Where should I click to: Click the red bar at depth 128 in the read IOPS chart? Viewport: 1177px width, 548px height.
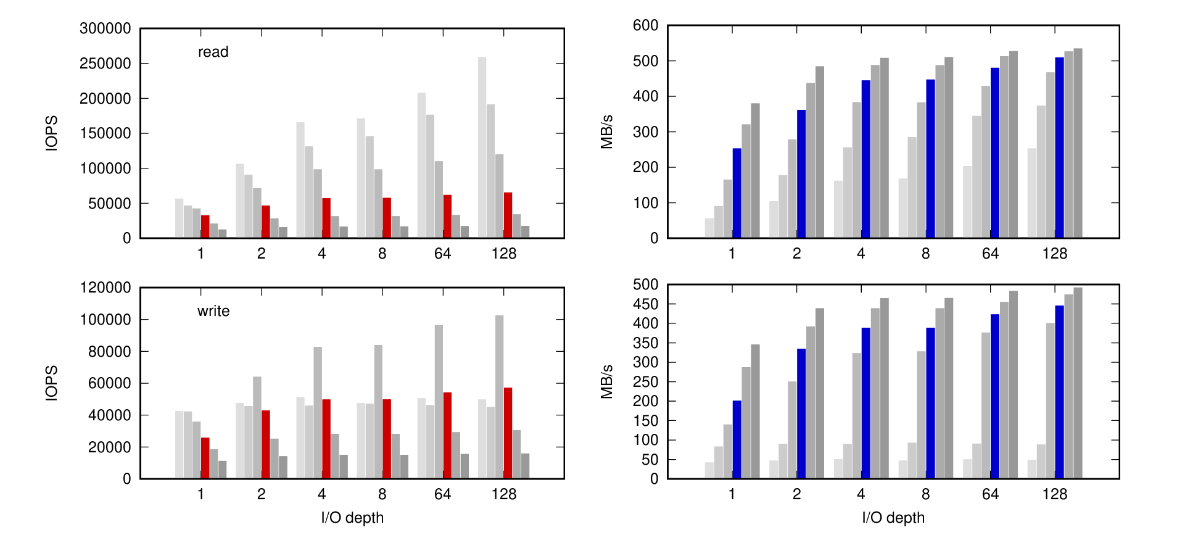[508, 215]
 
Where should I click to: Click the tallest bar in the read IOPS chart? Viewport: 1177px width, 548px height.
[482, 147]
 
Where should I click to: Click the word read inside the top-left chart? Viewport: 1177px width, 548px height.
[213, 52]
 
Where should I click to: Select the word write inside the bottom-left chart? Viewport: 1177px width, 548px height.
[213, 311]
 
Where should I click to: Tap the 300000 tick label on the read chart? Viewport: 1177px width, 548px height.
[105, 28]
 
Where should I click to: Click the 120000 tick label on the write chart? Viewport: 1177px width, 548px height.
[105, 288]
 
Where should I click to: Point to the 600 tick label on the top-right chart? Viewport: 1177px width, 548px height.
[645, 25]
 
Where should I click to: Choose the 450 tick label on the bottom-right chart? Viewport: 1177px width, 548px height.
[645, 304]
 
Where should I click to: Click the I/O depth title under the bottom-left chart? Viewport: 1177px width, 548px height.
[352, 518]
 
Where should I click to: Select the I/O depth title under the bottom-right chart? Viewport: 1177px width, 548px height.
[893, 518]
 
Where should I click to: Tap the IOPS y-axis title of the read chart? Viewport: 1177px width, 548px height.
[52, 133]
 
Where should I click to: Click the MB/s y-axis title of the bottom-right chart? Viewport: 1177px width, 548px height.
[606, 381]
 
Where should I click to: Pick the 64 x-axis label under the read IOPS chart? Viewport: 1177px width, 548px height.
[442, 254]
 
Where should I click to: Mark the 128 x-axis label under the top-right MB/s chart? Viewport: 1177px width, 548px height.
[1054, 254]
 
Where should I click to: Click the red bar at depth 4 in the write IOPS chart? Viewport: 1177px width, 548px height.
[326, 439]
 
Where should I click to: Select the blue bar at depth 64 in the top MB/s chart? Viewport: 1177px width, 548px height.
[994, 153]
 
